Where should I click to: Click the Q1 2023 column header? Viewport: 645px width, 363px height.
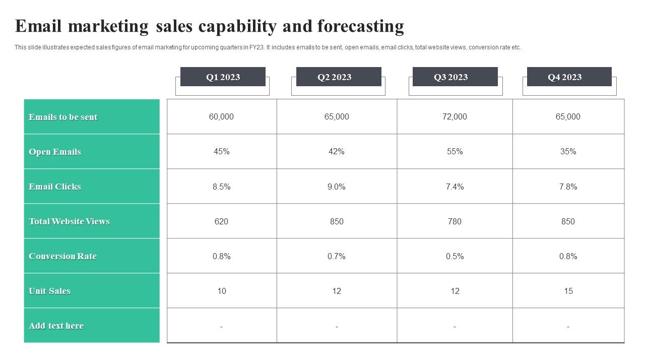click(223, 77)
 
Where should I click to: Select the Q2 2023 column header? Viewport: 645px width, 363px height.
click(334, 77)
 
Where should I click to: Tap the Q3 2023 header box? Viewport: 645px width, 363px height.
click(450, 77)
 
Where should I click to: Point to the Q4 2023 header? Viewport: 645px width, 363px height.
click(564, 77)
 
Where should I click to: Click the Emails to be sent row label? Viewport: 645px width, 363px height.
click(63, 117)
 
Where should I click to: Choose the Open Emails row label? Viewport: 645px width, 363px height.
click(55, 152)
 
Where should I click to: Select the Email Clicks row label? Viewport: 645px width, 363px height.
click(55, 187)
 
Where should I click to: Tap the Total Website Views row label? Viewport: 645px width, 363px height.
click(69, 221)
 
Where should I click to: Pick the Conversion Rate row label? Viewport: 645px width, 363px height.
click(62, 256)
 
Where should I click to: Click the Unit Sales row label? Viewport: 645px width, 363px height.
click(49, 291)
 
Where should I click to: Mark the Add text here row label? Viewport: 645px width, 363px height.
click(56, 326)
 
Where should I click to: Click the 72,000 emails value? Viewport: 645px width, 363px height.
click(455, 116)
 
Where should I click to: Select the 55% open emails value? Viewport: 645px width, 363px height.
click(455, 151)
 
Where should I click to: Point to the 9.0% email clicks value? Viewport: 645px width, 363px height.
click(337, 187)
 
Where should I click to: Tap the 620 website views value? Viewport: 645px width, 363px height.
click(221, 221)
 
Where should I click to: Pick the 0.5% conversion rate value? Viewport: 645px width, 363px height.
click(455, 256)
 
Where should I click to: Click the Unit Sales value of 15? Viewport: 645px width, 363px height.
click(568, 291)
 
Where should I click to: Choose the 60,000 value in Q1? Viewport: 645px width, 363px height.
click(221, 116)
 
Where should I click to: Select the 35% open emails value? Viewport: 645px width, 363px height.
click(568, 151)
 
